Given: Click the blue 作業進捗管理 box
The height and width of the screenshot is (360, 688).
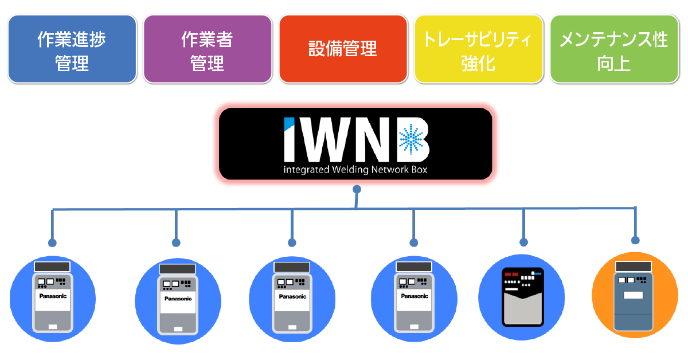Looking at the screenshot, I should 72,50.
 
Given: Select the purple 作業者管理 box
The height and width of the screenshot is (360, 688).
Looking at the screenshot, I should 207,50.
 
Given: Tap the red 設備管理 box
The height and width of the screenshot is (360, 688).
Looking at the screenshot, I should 343,50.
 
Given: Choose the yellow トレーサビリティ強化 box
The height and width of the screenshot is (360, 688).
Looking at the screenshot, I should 478,50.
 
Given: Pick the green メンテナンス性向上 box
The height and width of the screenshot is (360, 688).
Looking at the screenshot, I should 613,50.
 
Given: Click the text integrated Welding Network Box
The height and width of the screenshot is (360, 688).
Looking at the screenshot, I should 355,170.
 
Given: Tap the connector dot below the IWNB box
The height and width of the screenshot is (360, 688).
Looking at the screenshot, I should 357,189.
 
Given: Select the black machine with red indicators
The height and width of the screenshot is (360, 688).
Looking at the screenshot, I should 522,297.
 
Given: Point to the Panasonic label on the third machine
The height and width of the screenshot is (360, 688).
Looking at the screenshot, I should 292,296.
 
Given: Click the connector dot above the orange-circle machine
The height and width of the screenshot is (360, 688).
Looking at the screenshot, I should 635,240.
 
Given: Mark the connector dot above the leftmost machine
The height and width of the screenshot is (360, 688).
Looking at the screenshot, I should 53,241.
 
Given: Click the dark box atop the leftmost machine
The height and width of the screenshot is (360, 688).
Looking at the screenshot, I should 52,267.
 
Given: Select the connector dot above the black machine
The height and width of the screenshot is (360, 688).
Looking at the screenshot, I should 523,241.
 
